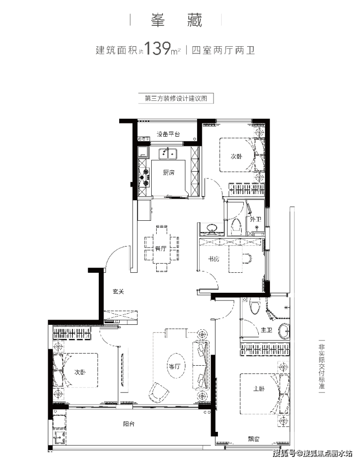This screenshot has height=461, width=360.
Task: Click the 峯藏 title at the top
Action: pos(177,20)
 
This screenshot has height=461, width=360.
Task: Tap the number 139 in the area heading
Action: pos(157,49)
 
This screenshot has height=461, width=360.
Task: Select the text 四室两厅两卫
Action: pos(223,50)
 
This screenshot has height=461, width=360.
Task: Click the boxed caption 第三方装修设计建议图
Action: pos(176,98)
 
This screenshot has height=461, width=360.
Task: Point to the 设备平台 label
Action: pos(168,134)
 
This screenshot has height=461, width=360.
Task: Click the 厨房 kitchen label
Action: pos(169,173)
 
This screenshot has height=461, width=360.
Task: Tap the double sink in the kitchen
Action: pos(168,154)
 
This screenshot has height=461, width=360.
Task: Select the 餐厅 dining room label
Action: pos(161,248)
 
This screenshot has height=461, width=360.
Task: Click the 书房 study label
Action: pos(214,259)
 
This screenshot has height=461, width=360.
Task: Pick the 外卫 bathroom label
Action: pos(255,219)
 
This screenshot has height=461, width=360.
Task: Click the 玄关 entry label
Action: pos(119,291)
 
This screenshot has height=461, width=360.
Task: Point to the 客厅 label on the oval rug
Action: pos(174,366)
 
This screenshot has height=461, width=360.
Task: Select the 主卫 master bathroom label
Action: pos(267,330)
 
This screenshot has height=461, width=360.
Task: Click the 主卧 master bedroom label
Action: pos(259,389)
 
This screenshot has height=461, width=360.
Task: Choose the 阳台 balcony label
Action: pos(129,424)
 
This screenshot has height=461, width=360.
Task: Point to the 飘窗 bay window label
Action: pos(253,439)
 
